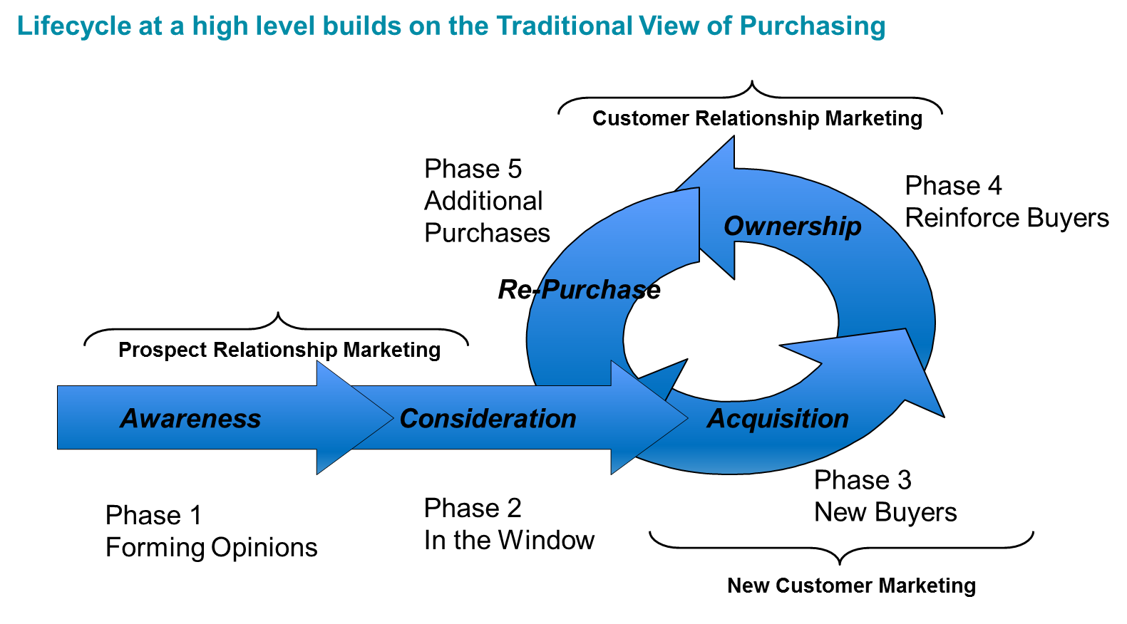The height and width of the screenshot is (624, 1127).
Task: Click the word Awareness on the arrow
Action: [190, 419]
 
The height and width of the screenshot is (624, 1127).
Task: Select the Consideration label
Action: [488, 419]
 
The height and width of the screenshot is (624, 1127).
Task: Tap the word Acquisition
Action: [778, 419]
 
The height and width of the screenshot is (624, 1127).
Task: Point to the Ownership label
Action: [792, 226]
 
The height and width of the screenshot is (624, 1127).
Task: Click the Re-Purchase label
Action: [579, 289]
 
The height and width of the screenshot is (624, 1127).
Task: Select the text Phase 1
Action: [153, 515]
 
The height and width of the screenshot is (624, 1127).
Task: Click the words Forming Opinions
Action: [211, 548]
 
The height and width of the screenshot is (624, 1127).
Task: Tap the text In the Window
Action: [509, 540]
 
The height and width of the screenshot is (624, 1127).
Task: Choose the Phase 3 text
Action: [863, 480]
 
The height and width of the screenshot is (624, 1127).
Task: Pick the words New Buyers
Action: [885, 512]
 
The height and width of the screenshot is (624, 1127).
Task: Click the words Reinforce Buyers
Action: [1007, 218]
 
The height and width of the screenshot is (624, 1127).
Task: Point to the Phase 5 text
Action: [473, 169]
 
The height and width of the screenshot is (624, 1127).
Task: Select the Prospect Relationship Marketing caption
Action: [279, 350]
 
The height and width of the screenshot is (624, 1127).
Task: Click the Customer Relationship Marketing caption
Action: [757, 118]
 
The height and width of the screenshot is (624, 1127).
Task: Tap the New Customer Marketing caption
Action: [851, 586]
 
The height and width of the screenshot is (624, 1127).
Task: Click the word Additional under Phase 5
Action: [483, 201]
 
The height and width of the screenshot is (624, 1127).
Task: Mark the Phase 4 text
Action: [953, 186]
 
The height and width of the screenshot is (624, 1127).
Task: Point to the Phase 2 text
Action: [473, 508]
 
